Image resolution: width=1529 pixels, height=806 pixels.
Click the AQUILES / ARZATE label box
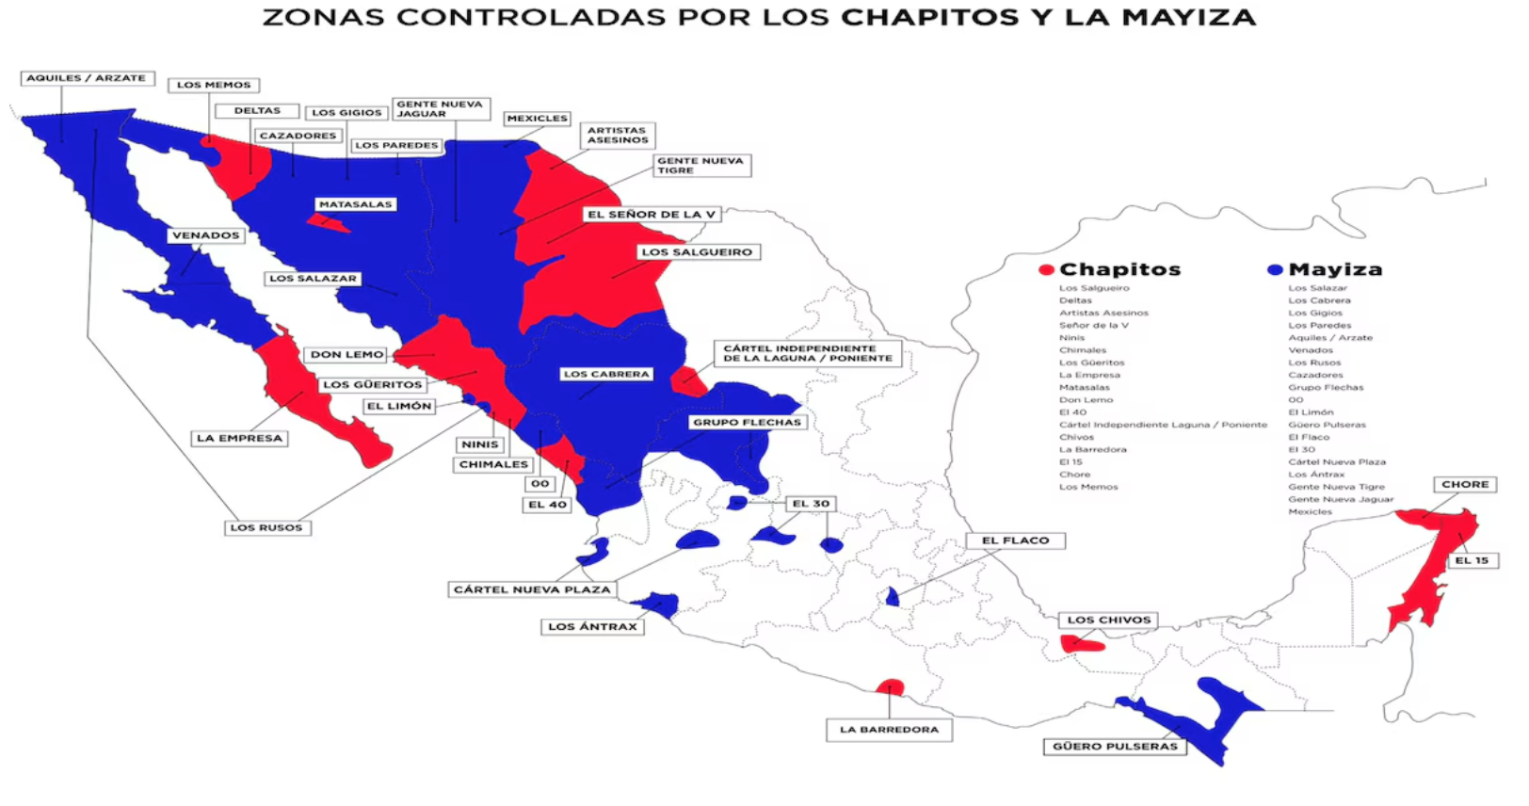[87, 78]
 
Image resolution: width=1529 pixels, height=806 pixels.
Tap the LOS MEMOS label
[214, 85]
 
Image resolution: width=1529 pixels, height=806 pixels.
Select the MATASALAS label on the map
[355, 204]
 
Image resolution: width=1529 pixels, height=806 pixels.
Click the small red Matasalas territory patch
[327, 223]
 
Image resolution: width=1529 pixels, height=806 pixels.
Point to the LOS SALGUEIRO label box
[697, 252]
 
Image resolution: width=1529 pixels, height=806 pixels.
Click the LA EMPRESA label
[239, 438]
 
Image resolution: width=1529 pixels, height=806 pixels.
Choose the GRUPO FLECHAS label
[747, 422]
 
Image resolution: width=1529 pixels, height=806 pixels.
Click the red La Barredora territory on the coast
[890, 688]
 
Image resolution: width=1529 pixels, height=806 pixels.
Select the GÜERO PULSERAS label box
[1115, 746]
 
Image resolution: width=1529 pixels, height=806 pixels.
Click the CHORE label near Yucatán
[1465, 484]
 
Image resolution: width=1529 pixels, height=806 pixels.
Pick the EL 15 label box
[1472, 560]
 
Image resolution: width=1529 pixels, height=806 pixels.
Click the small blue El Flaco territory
[893, 597]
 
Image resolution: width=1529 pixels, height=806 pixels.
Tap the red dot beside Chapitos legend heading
[1045, 270]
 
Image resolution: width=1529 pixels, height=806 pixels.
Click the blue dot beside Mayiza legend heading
[1275, 270]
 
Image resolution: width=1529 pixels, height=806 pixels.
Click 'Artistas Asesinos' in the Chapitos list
[1103, 313]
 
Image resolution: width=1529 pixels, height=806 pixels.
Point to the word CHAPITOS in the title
[929, 17]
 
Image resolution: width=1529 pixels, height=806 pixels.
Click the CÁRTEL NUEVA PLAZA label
[532, 589]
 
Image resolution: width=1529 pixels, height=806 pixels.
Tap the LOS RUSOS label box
[266, 527]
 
